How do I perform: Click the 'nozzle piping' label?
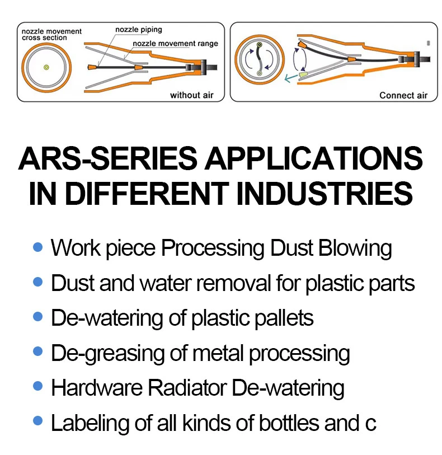click(139, 30)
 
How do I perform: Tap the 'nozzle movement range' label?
click(176, 44)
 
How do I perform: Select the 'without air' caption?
click(192, 95)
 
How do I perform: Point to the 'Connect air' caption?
click(403, 96)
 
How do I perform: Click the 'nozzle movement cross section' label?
click(51, 35)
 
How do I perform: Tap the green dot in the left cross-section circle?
click(46, 68)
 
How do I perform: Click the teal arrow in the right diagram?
click(291, 77)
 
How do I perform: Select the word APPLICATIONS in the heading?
click(313, 159)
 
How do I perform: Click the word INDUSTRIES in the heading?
click(325, 193)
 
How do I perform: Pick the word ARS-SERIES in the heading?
click(107, 159)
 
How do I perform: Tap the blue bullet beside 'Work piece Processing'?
click(37, 247)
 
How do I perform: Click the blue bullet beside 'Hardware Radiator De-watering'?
click(37, 386)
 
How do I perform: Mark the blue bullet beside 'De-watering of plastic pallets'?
click(37, 316)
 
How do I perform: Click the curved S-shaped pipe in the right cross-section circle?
click(259, 59)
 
